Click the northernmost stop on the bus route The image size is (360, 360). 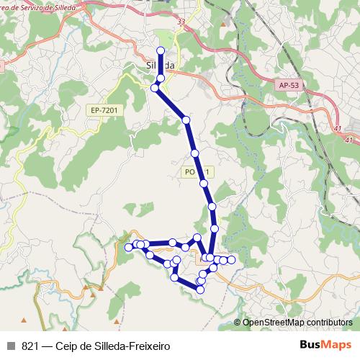tap(161, 50)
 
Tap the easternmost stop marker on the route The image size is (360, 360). tap(231, 259)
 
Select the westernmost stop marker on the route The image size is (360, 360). tap(129, 247)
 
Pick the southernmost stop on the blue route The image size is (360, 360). tap(200, 289)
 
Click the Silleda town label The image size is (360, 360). tap(156, 64)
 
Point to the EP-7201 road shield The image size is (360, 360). tap(104, 110)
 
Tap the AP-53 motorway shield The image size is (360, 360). tap(287, 86)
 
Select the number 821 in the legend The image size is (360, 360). tap(30, 346)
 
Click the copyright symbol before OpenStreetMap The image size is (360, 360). tap(238, 323)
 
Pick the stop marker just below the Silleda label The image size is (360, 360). tap(161, 77)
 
